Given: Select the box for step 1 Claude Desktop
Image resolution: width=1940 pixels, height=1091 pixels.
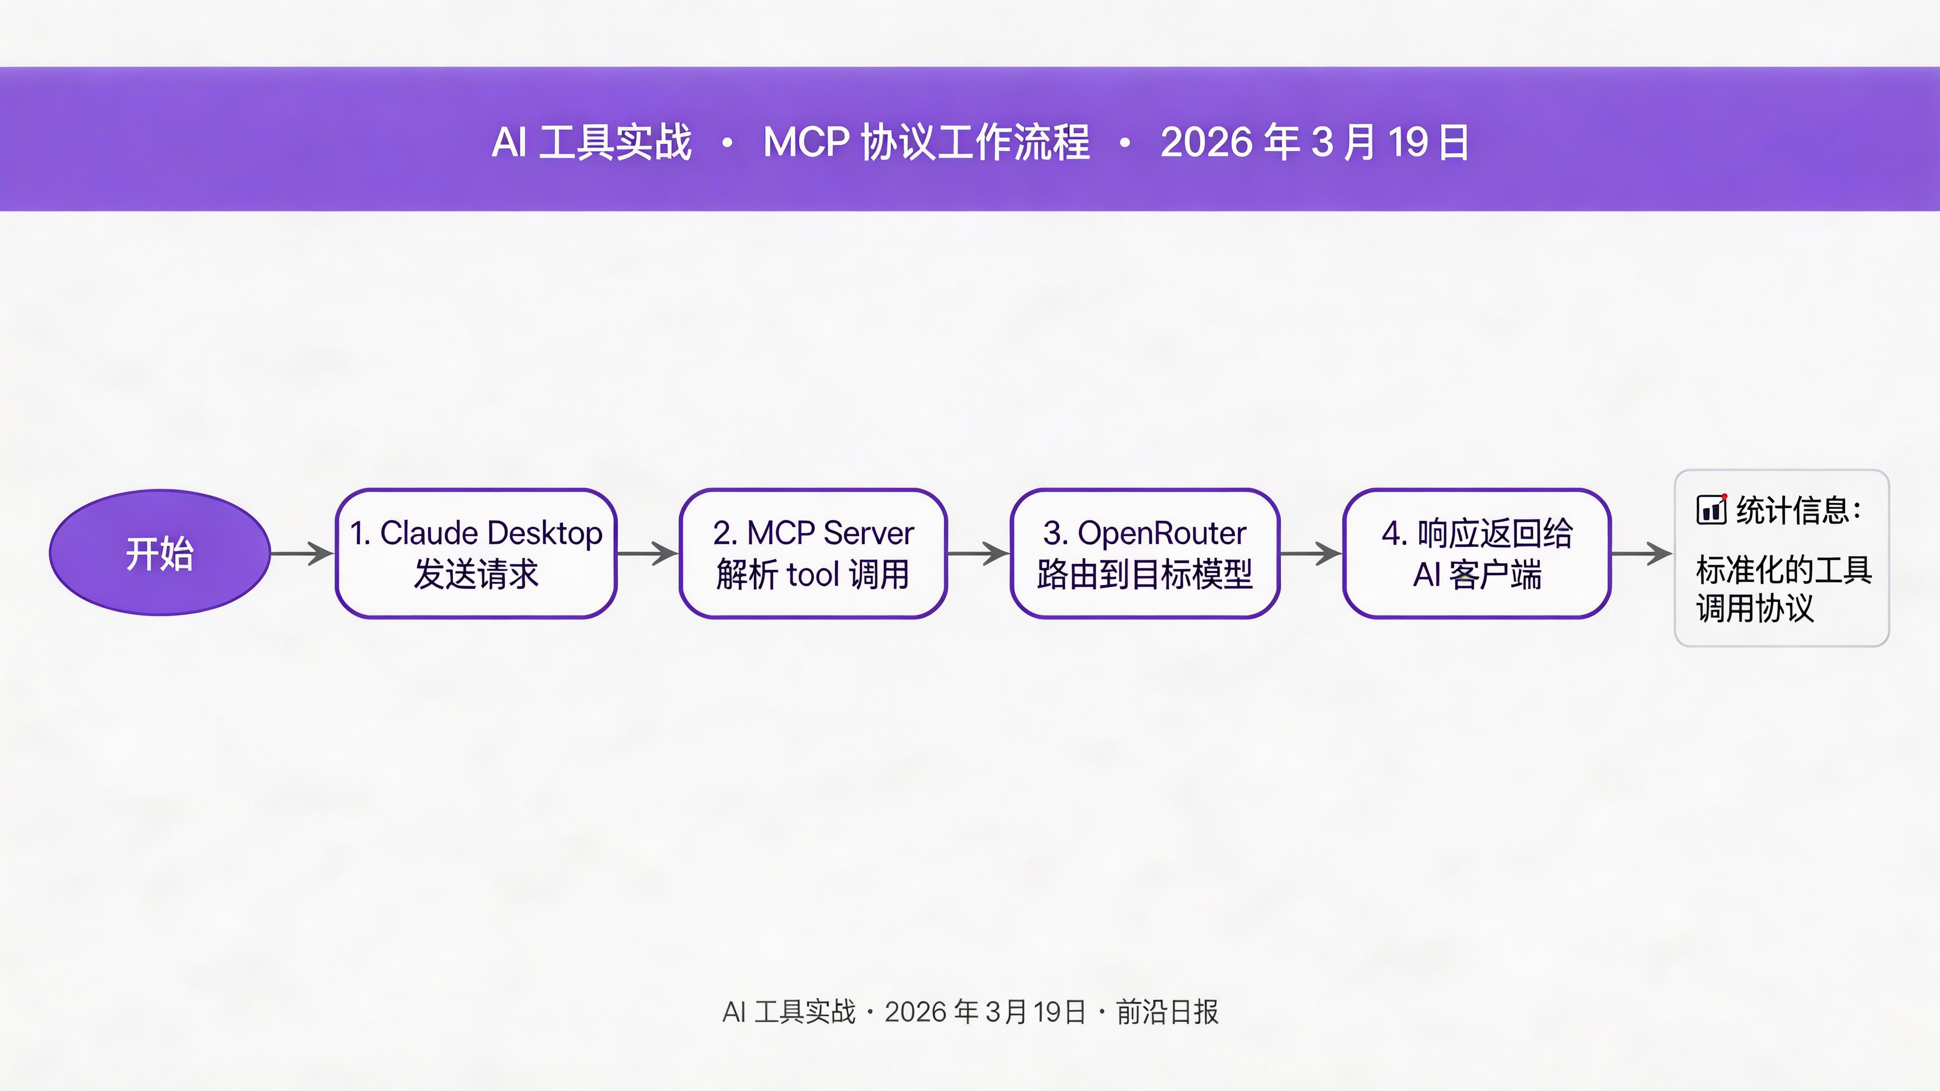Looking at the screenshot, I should click(x=476, y=554).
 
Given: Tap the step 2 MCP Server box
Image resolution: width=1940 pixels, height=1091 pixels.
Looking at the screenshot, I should click(x=813, y=554).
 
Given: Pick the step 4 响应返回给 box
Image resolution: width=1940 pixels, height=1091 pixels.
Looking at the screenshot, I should click(x=1476, y=554).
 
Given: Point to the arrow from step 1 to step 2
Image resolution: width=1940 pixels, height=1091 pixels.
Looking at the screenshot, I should click(x=647, y=554).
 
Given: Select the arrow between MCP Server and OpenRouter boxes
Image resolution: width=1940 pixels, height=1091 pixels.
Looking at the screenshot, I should click(x=978, y=554).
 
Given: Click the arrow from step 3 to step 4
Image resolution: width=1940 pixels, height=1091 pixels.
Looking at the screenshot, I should click(x=1311, y=554).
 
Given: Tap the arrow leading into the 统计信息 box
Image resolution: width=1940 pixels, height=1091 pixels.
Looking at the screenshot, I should click(x=1642, y=554).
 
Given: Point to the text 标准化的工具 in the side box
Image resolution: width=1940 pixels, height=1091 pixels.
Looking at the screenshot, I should click(x=1783, y=570).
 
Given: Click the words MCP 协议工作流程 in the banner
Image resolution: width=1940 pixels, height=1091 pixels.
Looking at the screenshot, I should click(x=926, y=142).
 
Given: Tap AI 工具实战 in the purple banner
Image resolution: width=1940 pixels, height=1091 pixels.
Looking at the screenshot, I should click(x=591, y=142).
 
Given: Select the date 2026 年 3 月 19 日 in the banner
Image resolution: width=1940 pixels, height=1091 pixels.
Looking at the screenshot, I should click(x=1314, y=142).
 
